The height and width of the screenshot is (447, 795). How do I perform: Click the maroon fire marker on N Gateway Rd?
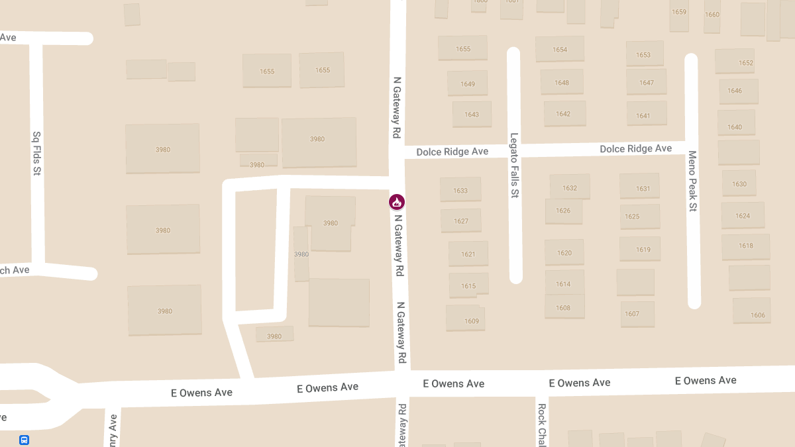(x=396, y=201)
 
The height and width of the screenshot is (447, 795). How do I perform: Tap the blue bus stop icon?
(x=24, y=440)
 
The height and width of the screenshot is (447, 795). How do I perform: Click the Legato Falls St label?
(x=514, y=166)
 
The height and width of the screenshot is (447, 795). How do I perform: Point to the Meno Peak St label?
(x=692, y=181)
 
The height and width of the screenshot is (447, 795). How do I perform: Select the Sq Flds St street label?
(x=37, y=153)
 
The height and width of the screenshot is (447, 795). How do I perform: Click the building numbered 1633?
(x=460, y=190)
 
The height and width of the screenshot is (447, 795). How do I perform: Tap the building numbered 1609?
(x=471, y=321)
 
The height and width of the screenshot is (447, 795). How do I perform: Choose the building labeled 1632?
(x=570, y=187)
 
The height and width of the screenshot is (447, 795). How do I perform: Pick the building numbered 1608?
(x=563, y=308)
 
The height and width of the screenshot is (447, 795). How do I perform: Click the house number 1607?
(x=632, y=314)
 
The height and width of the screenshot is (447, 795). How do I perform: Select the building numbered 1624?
(x=743, y=216)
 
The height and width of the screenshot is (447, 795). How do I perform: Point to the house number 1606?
(x=758, y=315)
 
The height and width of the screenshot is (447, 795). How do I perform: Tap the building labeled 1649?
(x=468, y=84)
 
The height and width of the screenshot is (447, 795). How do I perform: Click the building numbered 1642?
(x=563, y=114)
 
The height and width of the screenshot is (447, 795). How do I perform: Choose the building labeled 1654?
(x=560, y=50)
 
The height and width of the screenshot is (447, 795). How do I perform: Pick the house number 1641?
(x=643, y=116)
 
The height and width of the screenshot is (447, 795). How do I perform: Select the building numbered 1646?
(x=735, y=91)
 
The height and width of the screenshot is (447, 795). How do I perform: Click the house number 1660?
(x=712, y=14)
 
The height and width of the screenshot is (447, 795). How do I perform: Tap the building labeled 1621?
(x=468, y=254)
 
